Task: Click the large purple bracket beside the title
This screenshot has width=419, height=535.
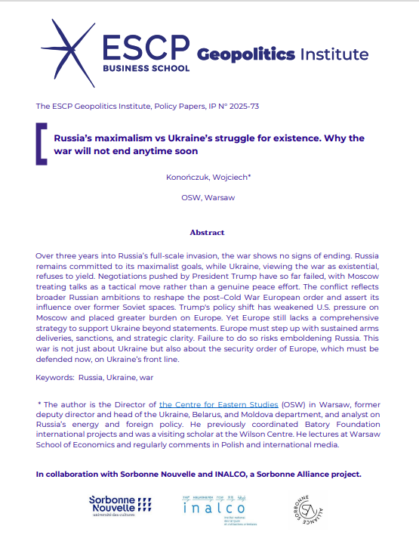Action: (x=42, y=144)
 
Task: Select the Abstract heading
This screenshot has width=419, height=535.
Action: (x=207, y=233)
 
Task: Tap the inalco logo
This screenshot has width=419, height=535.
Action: (x=214, y=506)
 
